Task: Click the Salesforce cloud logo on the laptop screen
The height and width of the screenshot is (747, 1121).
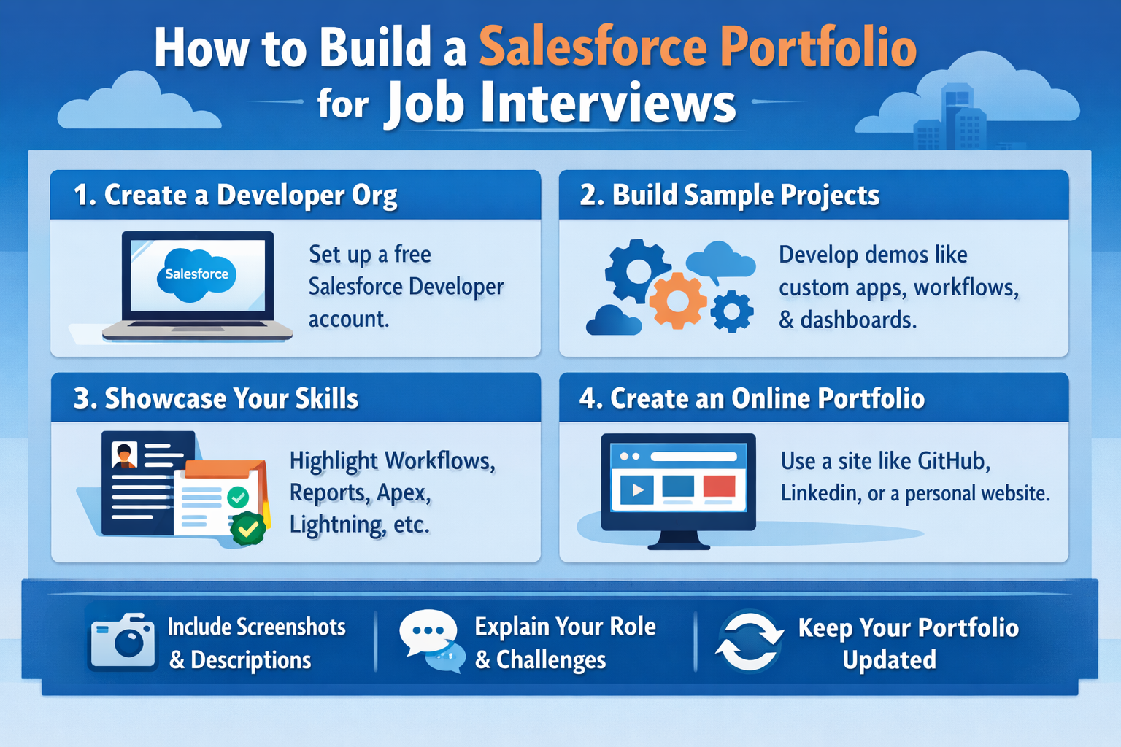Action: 196,274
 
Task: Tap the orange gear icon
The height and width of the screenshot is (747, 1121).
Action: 677,300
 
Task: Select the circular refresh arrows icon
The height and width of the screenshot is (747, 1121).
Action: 749,640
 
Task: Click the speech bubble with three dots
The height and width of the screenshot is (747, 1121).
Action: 428,631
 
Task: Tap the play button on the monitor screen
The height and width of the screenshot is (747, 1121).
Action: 636,489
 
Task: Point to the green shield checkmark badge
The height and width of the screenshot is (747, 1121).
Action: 248,528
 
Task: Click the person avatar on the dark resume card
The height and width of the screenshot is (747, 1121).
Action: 125,456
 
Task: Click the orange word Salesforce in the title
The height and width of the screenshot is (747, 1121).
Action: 593,47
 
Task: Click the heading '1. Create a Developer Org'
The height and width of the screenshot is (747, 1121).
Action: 235,196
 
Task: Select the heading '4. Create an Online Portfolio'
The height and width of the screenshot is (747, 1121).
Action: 752,398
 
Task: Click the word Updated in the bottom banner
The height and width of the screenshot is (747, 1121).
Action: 889,659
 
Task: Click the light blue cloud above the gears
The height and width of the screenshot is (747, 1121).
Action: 719,260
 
